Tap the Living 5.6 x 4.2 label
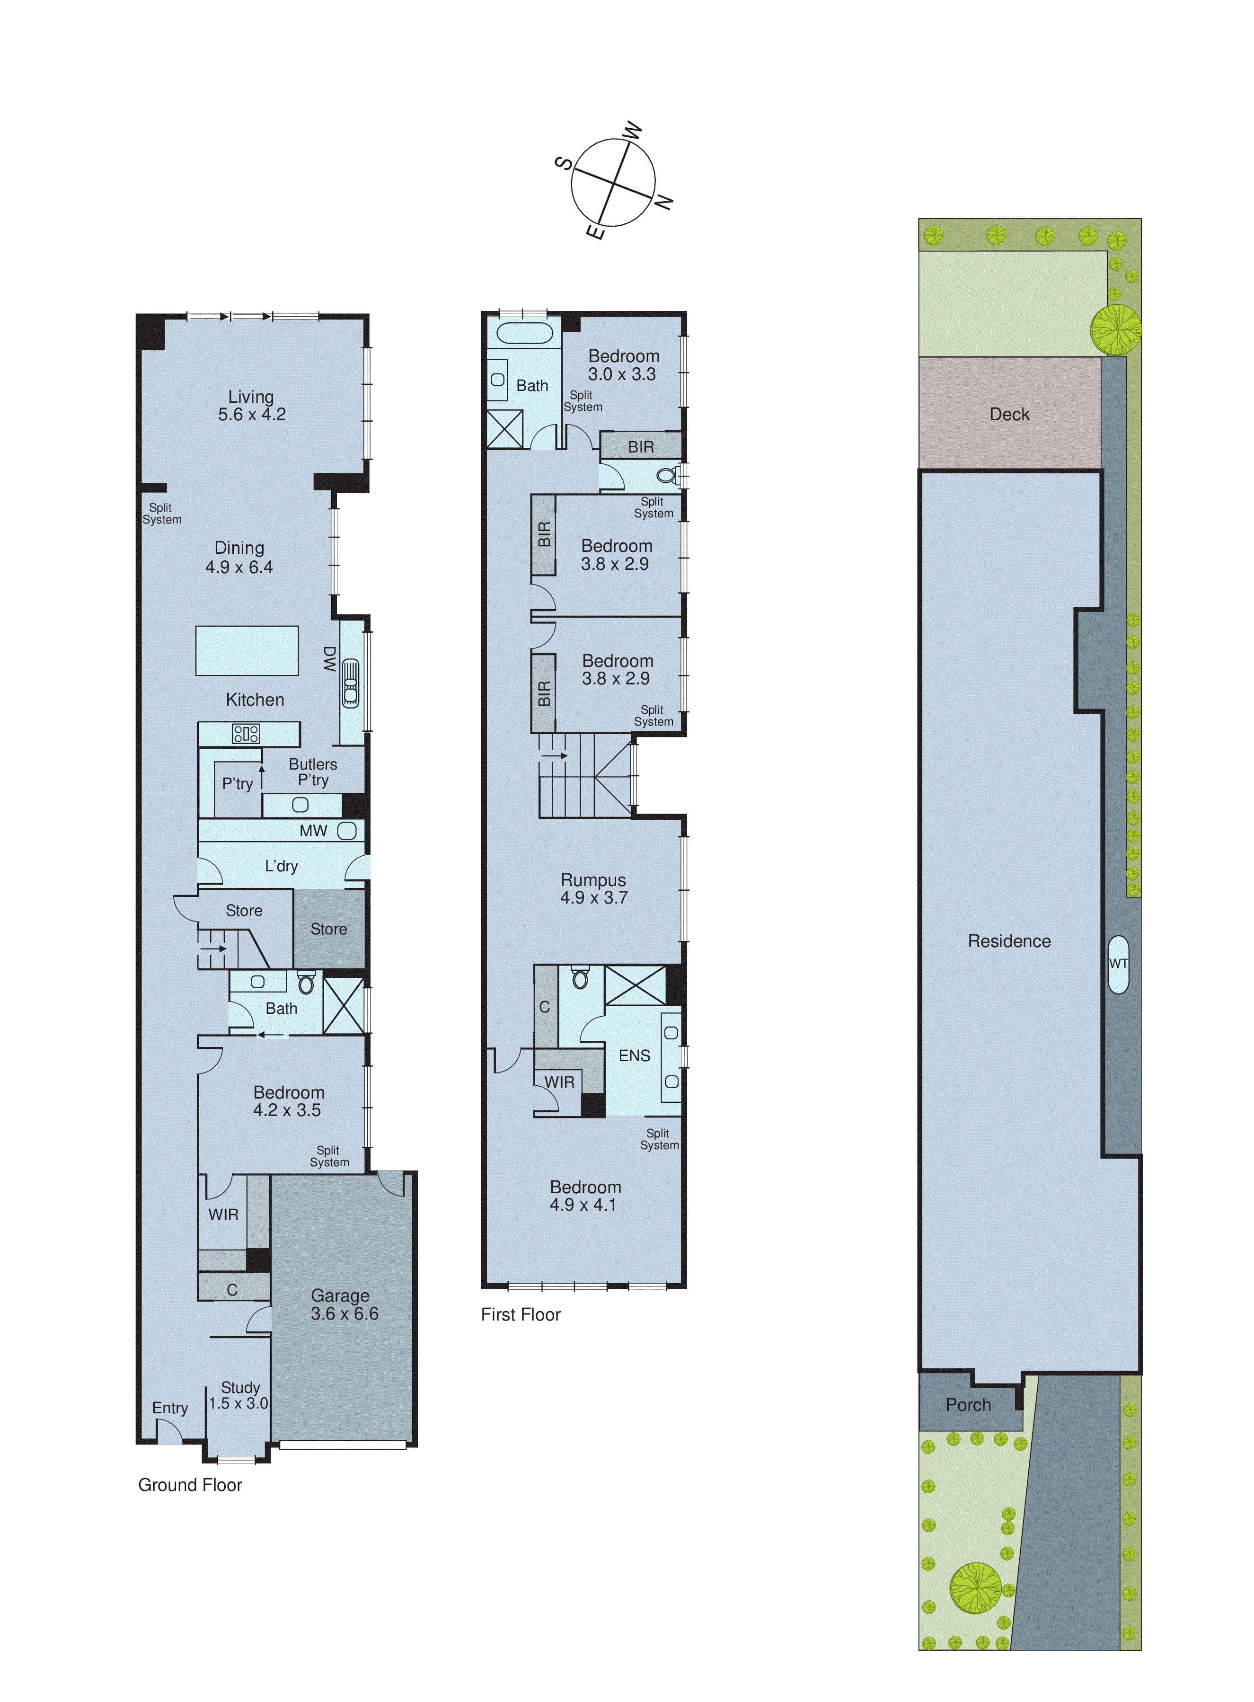[x=251, y=405]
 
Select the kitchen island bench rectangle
[x=247, y=651]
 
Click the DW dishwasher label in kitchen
[x=329, y=659]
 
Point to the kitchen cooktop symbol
[x=246, y=733]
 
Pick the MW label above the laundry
[x=313, y=831]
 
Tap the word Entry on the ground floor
[x=170, y=1408]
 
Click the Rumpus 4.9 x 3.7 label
[x=593, y=889]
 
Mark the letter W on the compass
[x=633, y=131]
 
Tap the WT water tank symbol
[x=1118, y=964]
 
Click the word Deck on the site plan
[x=1009, y=415]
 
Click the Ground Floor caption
[x=190, y=1485]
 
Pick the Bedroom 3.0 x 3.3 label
[x=623, y=365]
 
